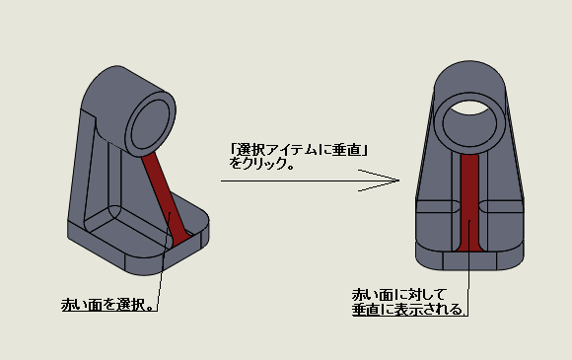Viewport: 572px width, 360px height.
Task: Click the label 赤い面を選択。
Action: [x=108, y=305]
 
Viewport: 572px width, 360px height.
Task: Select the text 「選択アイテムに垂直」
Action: [x=299, y=150]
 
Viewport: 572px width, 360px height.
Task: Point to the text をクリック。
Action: [x=261, y=164]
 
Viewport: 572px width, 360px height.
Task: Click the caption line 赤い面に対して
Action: [x=399, y=294]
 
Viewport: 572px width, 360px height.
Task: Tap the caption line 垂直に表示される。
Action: [x=408, y=310]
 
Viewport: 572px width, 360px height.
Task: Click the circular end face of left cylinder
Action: [x=150, y=124]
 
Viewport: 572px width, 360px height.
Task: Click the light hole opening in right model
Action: [x=469, y=108]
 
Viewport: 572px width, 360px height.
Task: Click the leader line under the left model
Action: [x=164, y=260]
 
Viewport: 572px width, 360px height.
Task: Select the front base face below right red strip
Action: [x=469, y=260]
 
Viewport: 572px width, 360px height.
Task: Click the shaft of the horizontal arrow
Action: [x=310, y=180]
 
